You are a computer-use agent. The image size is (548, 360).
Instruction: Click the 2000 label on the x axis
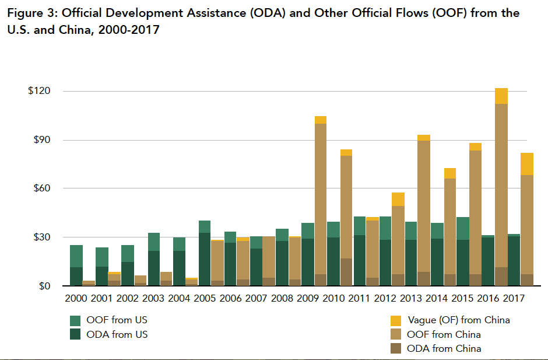click(x=76, y=298)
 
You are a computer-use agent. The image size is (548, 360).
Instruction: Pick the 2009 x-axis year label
click(x=307, y=298)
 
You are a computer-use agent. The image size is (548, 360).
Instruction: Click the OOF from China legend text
click(x=444, y=334)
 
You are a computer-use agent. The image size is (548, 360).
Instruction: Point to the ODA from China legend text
click(x=444, y=348)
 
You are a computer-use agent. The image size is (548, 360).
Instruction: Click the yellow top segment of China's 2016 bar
click(x=501, y=96)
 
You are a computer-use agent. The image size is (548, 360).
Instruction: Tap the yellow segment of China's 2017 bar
click(x=527, y=164)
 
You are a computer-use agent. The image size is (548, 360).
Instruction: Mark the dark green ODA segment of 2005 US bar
click(x=205, y=260)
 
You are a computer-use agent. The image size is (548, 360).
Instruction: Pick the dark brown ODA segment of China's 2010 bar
click(x=346, y=272)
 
